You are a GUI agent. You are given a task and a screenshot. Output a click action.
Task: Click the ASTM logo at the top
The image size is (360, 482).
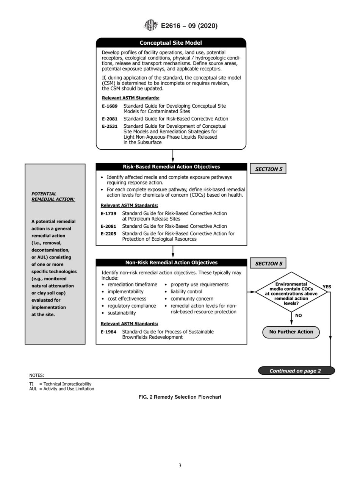click(x=151, y=25)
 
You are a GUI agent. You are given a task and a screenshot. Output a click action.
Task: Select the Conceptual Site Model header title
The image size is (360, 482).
click(x=171, y=43)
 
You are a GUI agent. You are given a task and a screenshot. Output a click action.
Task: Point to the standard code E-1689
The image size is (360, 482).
click(x=110, y=106)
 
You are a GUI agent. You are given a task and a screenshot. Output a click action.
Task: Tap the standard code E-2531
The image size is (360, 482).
click(x=110, y=126)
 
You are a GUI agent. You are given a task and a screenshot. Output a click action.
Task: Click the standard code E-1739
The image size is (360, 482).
click(x=108, y=213)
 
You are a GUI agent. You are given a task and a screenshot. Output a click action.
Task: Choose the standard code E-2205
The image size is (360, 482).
click(x=108, y=234)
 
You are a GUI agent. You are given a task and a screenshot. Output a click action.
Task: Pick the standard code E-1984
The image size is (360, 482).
click(x=108, y=332)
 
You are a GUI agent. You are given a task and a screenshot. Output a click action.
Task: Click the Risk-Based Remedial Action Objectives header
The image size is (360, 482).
click(x=171, y=167)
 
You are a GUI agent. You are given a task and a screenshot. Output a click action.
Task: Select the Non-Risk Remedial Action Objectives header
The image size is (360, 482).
click(x=171, y=263)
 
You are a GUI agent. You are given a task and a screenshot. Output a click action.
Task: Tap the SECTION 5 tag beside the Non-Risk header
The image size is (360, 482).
click(x=268, y=263)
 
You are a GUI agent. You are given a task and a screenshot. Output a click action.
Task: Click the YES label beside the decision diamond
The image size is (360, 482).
click(x=327, y=287)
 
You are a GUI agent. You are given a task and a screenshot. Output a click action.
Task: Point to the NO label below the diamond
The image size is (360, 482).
click(x=298, y=315)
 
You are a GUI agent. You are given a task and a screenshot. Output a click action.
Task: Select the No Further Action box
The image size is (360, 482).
click(x=291, y=332)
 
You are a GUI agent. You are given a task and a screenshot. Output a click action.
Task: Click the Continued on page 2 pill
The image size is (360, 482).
click(x=295, y=371)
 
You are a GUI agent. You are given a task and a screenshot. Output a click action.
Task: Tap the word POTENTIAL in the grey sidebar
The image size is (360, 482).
click(x=44, y=194)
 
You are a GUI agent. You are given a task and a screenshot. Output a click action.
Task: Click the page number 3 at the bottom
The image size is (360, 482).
click(x=180, y=465)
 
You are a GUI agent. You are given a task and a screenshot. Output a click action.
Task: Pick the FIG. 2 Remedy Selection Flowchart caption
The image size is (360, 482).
click(x=180, y=397)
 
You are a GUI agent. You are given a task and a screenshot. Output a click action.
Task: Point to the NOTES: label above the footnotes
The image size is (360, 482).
click(x=36, y=376)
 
